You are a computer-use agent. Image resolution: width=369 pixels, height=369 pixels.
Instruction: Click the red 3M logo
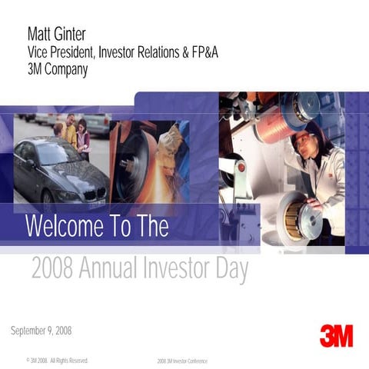point(336,335)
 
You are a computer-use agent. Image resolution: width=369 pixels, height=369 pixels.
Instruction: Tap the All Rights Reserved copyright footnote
point(58,360)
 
